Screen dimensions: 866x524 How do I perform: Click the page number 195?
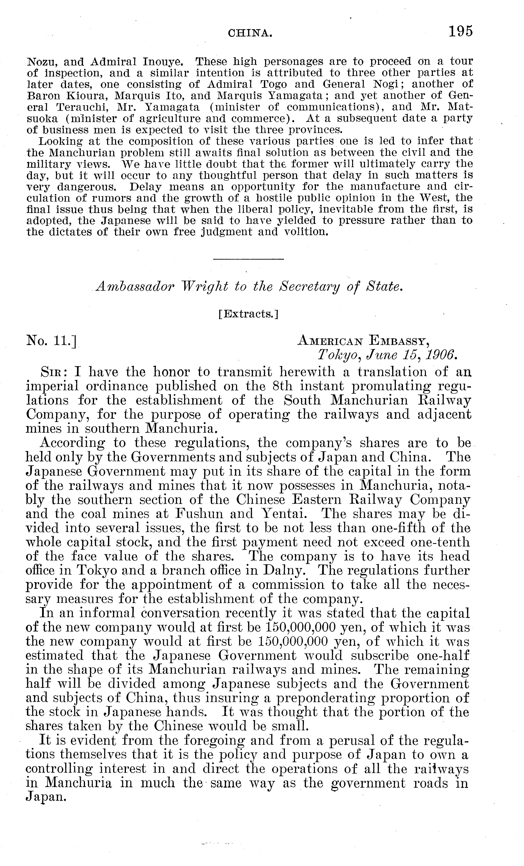[x=460, y=32]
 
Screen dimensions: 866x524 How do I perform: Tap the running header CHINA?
[x=250, y=33]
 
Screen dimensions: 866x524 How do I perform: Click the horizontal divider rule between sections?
[x=248, y=259]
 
